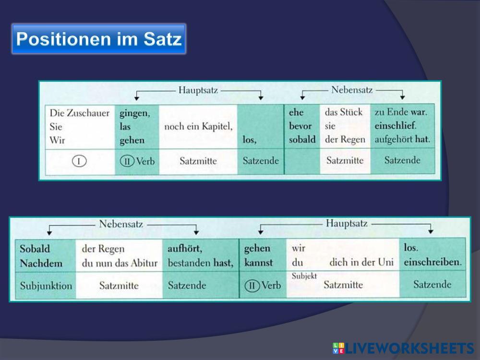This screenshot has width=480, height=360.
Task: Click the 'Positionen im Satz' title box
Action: click(x=98, y=39)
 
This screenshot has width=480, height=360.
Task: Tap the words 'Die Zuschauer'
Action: click(x=79, y=113)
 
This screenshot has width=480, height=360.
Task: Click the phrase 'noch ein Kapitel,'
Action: click(x=198, y=127)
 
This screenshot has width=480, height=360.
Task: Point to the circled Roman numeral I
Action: click(x=79, y=161)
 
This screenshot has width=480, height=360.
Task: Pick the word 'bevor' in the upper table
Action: click(x=300, y=126)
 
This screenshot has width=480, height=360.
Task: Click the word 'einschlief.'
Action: click(x=396, y=126)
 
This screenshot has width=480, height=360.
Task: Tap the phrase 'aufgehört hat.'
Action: click(x=402, y=140)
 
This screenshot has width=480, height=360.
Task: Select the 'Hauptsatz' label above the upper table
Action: click(x=198, y=90)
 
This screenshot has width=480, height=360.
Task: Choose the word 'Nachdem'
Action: click(x=38, y=263)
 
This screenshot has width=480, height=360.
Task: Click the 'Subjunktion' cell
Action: click(x=46, y=286)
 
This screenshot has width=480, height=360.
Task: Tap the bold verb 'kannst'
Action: click(x=258, y=263)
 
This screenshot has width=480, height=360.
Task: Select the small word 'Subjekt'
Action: click(x=304, y=276)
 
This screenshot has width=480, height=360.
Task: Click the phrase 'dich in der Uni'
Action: click(x=361, y=263)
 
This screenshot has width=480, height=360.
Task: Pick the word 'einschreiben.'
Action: click(x=432, y=263)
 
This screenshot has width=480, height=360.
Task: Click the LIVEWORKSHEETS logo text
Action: click(x=408, y=348)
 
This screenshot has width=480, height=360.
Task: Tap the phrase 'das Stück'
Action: click(x=344, y=112)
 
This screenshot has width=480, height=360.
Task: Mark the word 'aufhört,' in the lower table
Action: click(x=185, y=249)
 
